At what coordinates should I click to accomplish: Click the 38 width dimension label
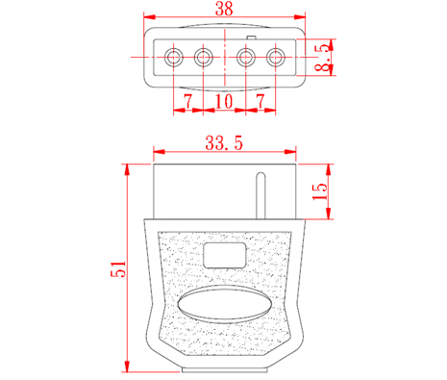pyautogui.click(x=224, y=9)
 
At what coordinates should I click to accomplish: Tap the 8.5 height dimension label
pyautogui.click(x=322, y=58)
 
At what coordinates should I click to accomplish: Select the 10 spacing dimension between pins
pyautogui.click(x=224, y=101)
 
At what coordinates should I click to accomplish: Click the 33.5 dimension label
pyautogui.click(x=224, y=143)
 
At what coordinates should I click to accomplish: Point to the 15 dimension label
pyautogui.click(x=319, y=191)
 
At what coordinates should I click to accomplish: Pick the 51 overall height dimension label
pyautogui.click(x=118, y=268)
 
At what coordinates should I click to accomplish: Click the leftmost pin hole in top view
pyautogui.click(x=173, y=58)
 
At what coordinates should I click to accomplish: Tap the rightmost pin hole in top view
pyautogui.click(x=276, y=58)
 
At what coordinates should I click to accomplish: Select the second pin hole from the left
pyautogui.click(x=203, y=58)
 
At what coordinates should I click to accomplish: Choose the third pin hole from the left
pyautogui.click(x=246, y=58)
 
